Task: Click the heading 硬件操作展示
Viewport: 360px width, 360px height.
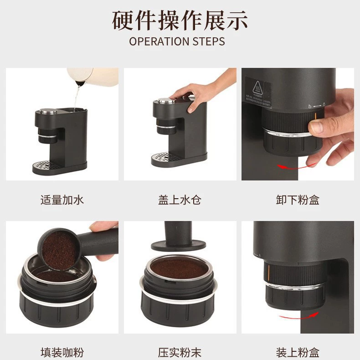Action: [x=180, y=20]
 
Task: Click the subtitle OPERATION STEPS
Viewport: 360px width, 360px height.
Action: [x=177, y=41]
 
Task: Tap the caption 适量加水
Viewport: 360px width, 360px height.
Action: [x=62, y=200]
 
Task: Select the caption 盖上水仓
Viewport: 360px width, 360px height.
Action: [x=180, y=200]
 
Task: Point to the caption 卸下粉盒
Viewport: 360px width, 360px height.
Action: [x=298, y=200]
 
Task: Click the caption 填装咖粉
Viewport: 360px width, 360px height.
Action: [x=62, y=353]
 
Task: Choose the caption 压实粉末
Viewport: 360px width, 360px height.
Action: [x=180, y=353]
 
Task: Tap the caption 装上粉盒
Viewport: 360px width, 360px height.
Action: [x=298, y=353]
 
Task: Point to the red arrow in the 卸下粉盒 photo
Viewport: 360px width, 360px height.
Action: [x=297, y=167]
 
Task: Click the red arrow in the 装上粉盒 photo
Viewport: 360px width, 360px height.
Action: [x=299, y=316]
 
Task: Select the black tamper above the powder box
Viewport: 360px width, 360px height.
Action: [x=178, y=236]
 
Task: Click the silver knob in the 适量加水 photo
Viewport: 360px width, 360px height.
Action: [x=48, y=111]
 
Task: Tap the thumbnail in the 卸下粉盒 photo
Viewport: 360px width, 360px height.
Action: [x=317, y=127]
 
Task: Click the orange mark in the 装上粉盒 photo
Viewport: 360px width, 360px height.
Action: [x=268, y=272]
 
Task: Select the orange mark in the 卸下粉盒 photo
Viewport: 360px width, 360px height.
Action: [x=315, y=116]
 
